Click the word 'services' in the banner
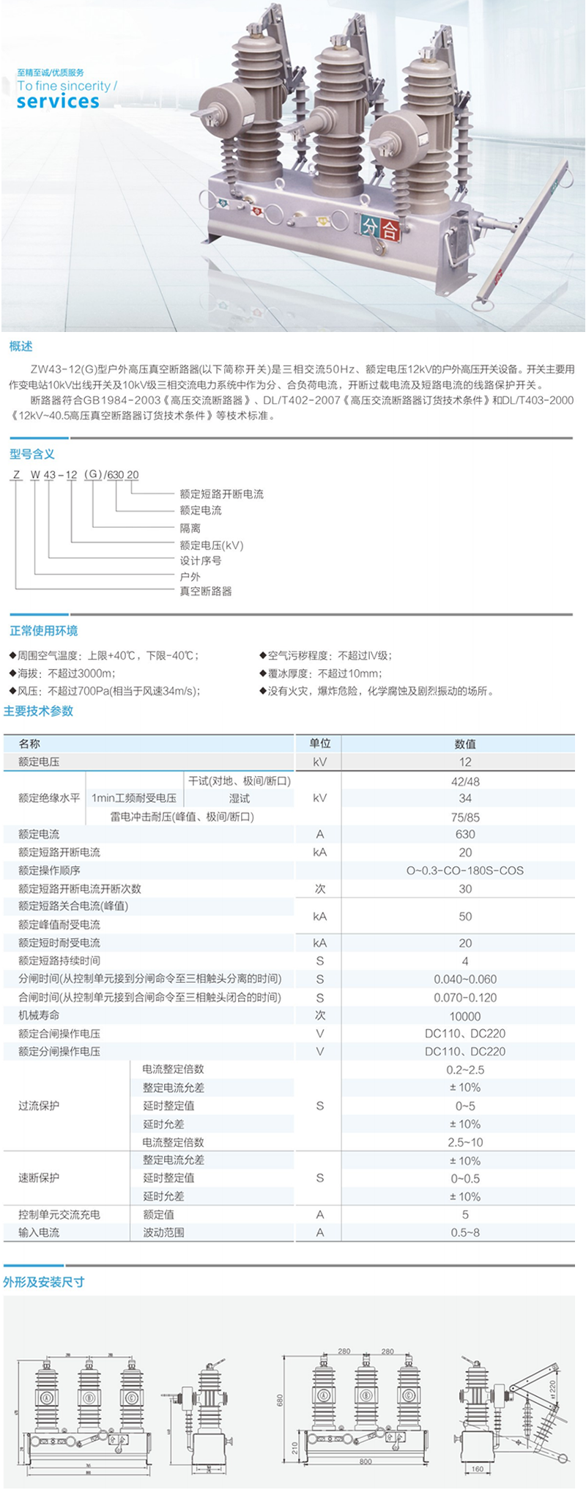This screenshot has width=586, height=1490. coord(58,101)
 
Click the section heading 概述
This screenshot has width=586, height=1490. coord(21,347)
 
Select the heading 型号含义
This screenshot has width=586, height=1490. coord(32,454)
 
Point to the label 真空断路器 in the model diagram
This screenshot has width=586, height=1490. coord(206,591)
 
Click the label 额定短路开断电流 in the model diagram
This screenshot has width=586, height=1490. coord(221,494)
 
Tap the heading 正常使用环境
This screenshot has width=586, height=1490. coord(43,631)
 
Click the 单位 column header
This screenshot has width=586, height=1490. coord(320,743)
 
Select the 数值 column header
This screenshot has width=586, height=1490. coord(465,744)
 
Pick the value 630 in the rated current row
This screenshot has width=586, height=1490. coord(465,834)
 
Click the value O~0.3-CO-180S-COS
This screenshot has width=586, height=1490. coord(465,871)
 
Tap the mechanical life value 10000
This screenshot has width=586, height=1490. coord(465,1016)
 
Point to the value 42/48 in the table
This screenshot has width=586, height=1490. coord(465,781)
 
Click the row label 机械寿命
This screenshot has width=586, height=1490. coord(39,1015)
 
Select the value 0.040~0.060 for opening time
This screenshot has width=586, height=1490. coord(465,979)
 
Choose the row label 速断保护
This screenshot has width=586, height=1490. coord(39,1178)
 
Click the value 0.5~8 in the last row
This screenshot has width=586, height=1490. coord(465,1233)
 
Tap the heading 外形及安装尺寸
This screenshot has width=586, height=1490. coord(43,1282)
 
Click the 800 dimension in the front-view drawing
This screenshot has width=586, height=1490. coord(366,1460)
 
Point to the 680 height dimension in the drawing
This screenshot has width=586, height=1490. coord(280,1400)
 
